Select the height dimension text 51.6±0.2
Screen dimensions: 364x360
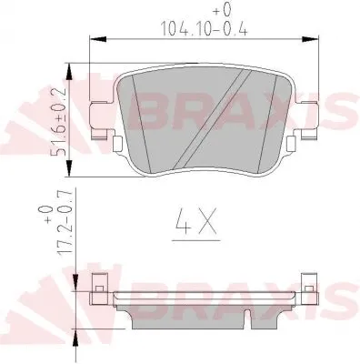61,123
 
